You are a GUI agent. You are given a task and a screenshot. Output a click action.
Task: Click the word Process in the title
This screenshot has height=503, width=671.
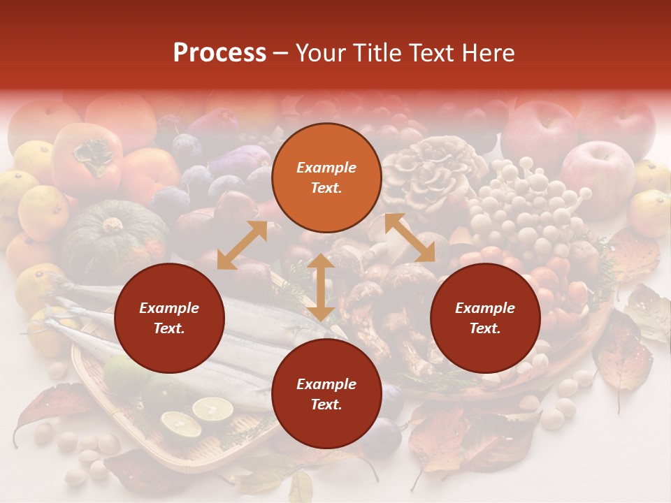click(219, 53)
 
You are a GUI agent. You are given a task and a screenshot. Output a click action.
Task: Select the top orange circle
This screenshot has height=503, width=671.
click(326, 178)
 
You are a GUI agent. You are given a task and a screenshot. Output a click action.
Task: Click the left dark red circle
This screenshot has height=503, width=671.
click(169, 319)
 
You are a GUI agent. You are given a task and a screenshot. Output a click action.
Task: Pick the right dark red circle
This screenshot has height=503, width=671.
click(485, 319)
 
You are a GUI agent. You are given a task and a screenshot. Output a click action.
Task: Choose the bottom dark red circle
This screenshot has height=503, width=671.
click(326, 395)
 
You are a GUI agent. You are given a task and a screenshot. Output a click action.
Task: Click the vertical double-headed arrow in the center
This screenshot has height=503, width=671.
click(321, 287)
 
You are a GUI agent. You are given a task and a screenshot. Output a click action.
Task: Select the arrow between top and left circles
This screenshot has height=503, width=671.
click(242, 245)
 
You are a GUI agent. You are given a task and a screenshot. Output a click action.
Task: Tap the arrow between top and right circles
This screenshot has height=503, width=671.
click(410, 238)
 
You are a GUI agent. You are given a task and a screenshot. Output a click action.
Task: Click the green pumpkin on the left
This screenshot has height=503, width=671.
click(112, 238)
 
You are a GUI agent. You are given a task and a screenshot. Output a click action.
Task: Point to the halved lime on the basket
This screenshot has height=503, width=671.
click(212, 409)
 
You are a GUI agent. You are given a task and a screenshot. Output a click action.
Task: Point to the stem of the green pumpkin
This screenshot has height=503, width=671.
click(113, 225)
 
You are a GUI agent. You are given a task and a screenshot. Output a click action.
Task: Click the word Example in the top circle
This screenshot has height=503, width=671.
click(326, 168)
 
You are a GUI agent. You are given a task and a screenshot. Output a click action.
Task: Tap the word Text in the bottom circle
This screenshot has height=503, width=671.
click(326, 404)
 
